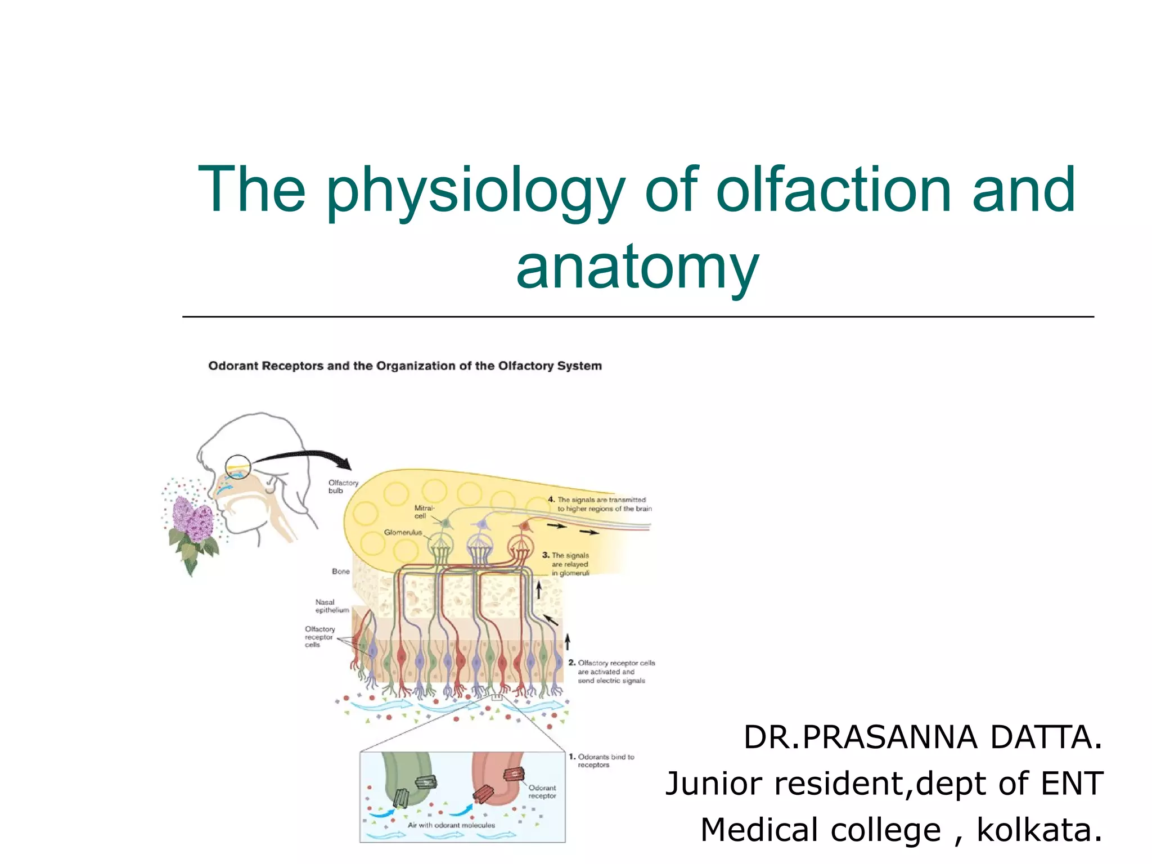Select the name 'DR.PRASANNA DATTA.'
922,737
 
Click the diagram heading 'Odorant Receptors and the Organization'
405,366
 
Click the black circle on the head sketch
237,467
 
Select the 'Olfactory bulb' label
343,487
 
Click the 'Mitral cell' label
424,511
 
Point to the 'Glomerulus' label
403,532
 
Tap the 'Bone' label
340,571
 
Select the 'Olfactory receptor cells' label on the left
319,637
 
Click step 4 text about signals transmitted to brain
601,504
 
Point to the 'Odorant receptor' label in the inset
542,791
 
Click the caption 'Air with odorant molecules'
451,825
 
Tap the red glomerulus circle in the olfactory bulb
520,544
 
